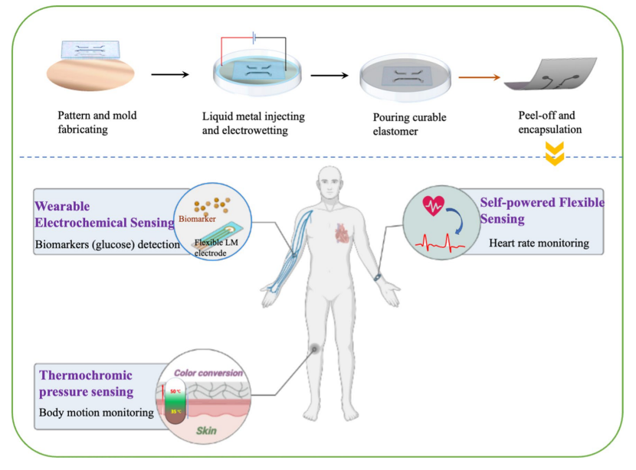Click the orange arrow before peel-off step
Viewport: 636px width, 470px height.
479,77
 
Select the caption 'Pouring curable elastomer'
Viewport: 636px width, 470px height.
409,123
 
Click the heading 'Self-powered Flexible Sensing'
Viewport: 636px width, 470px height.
542,211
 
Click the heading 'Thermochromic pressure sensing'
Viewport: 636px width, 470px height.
85,384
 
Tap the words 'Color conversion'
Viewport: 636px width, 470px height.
208,373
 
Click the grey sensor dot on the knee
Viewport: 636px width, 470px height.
314,349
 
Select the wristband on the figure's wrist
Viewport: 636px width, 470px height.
378,277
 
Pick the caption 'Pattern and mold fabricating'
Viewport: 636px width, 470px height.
97,122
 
